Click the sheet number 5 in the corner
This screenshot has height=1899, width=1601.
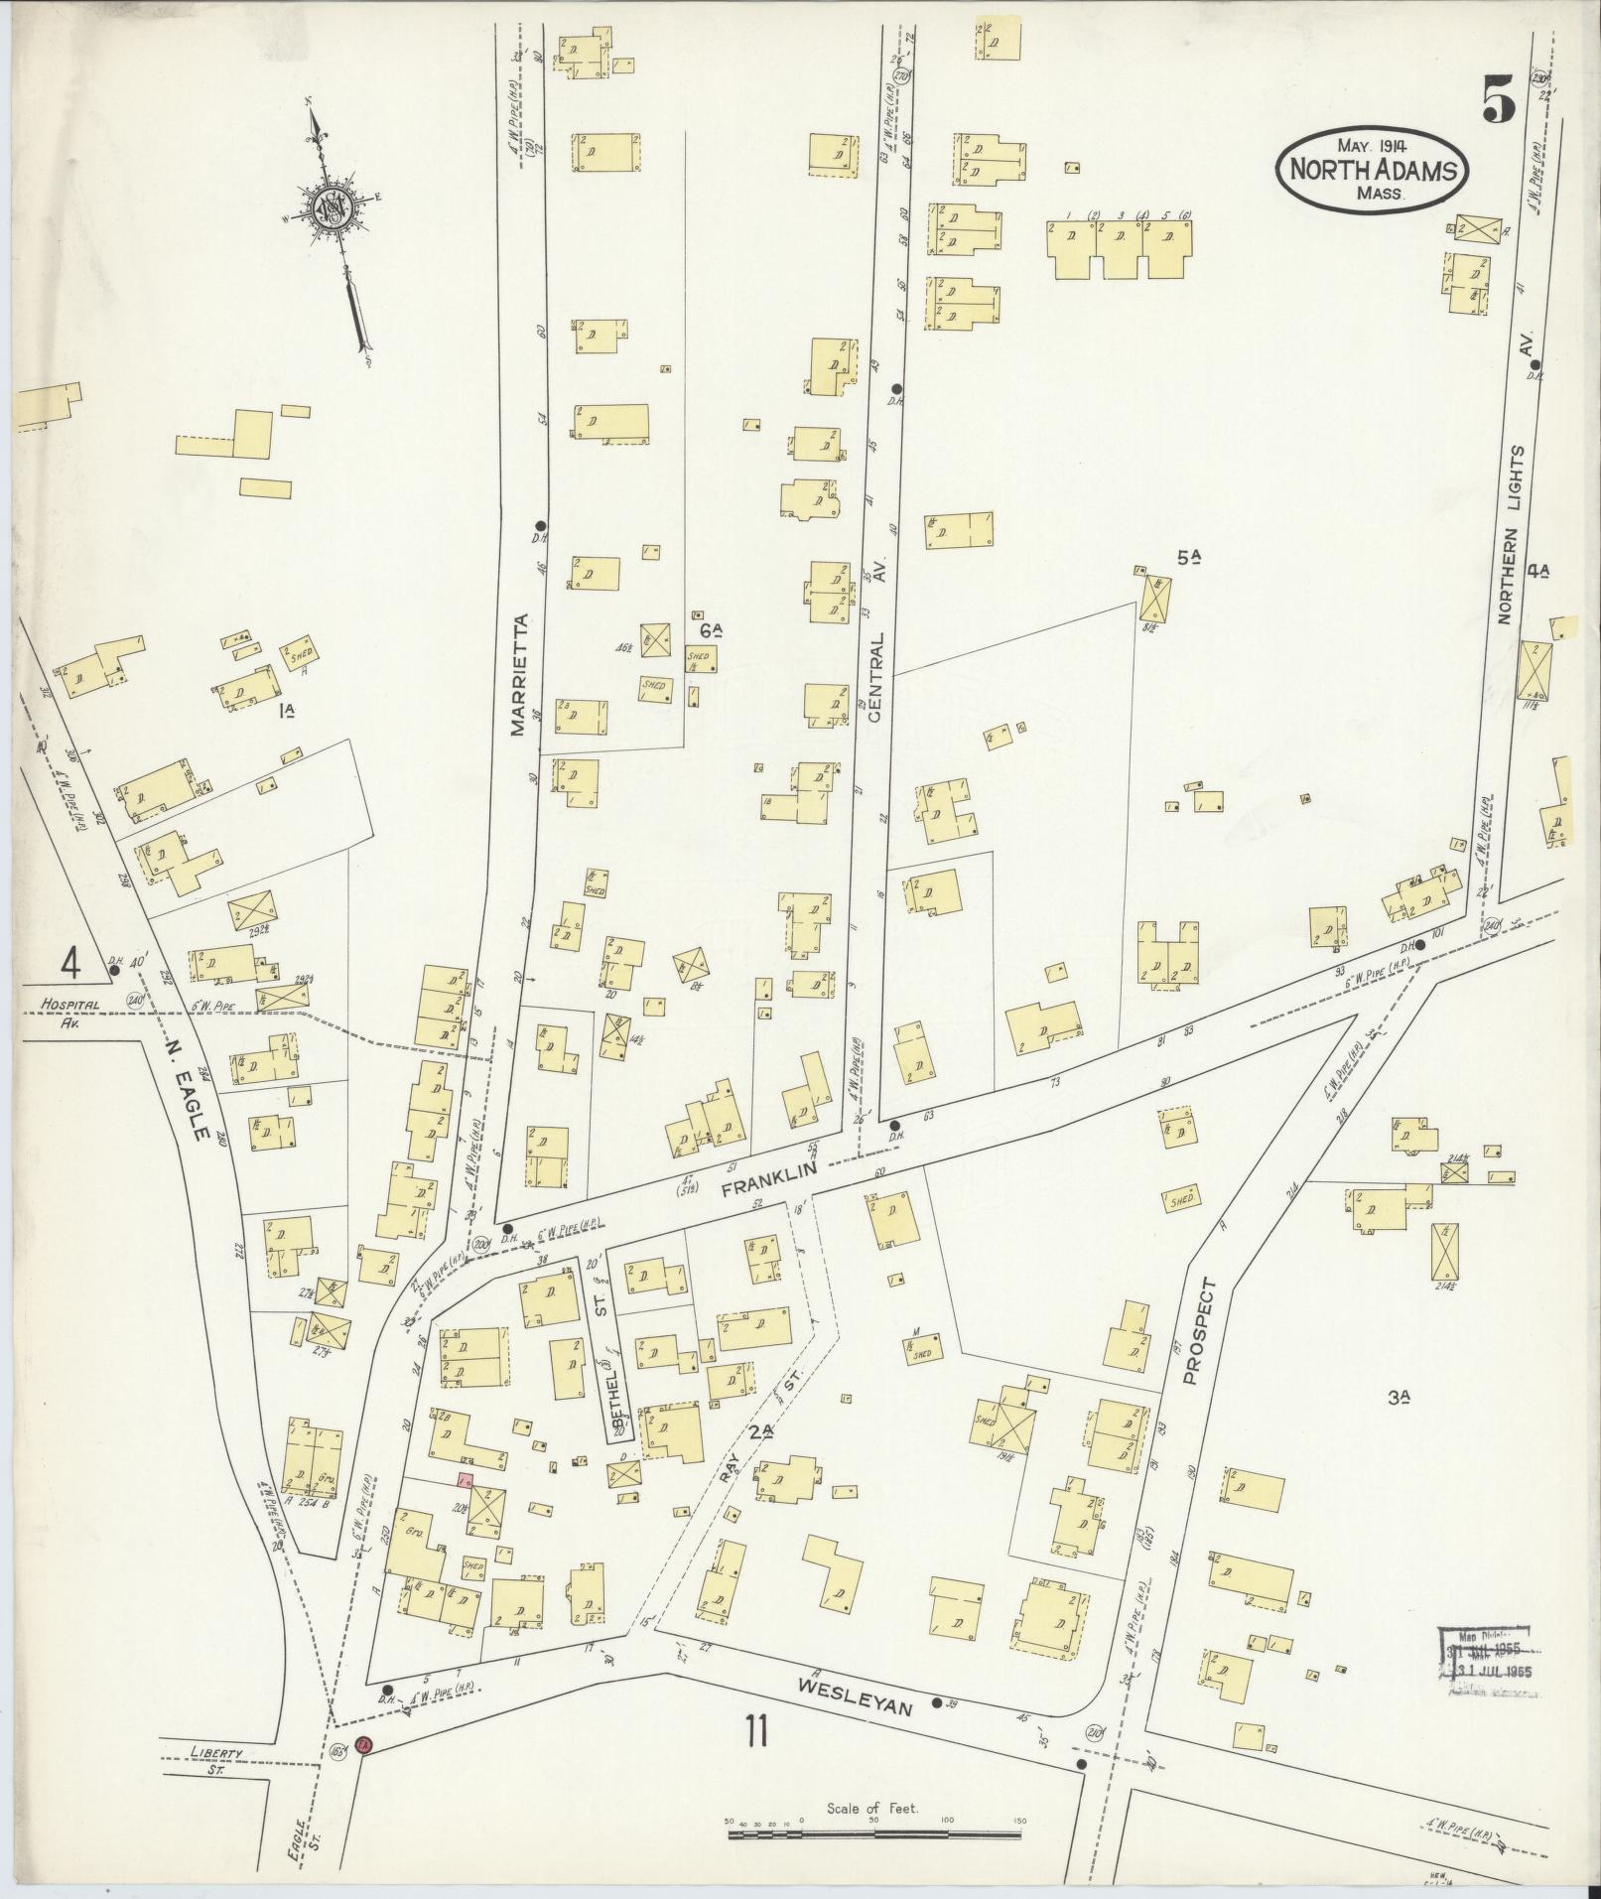(x=1500, y=98)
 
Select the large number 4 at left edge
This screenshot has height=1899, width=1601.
(x=69, y=962)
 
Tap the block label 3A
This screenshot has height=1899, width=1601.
(x=1399, y=1399)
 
